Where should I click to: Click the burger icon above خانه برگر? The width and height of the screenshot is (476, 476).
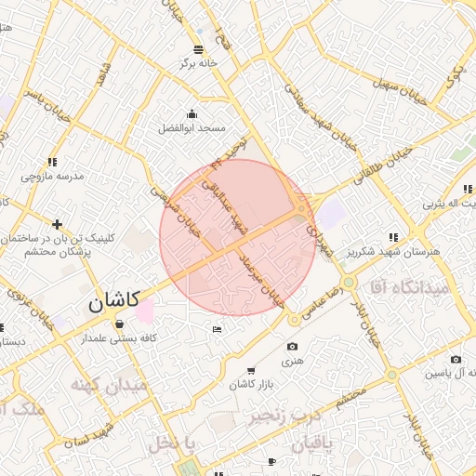[x=197, y=49]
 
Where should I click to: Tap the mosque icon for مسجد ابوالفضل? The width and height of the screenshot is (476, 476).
[x=192, y=113]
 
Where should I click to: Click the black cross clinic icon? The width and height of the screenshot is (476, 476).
[x=58, y=224]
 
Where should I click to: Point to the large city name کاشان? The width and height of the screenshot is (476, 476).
[x=114, y=301]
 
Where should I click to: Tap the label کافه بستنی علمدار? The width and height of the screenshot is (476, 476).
[x=119, y=339]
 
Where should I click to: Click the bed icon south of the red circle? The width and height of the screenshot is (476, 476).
[x=217, y=329]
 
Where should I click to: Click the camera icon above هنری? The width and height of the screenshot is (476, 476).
[x=293, y=347]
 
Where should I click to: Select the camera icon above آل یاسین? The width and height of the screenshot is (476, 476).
[x=456, y=360]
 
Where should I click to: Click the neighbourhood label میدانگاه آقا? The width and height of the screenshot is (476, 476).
[x=408, y=287]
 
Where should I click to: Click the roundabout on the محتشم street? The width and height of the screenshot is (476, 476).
[x=392, y=375]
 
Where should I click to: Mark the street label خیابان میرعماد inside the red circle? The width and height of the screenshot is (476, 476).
[x=261, y=278]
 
